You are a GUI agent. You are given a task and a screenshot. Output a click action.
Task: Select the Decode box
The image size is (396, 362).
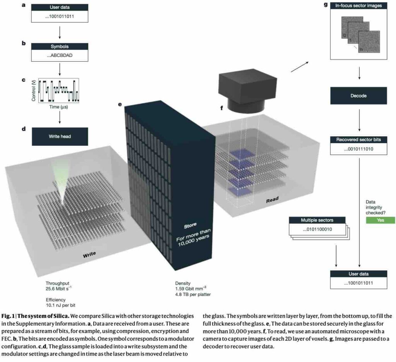[x=359, y=96]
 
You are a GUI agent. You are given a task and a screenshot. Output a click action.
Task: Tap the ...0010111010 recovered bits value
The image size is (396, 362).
[x=358, y=149]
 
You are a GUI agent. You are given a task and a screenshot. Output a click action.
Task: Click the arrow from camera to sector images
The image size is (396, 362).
[x=300, y=66]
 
